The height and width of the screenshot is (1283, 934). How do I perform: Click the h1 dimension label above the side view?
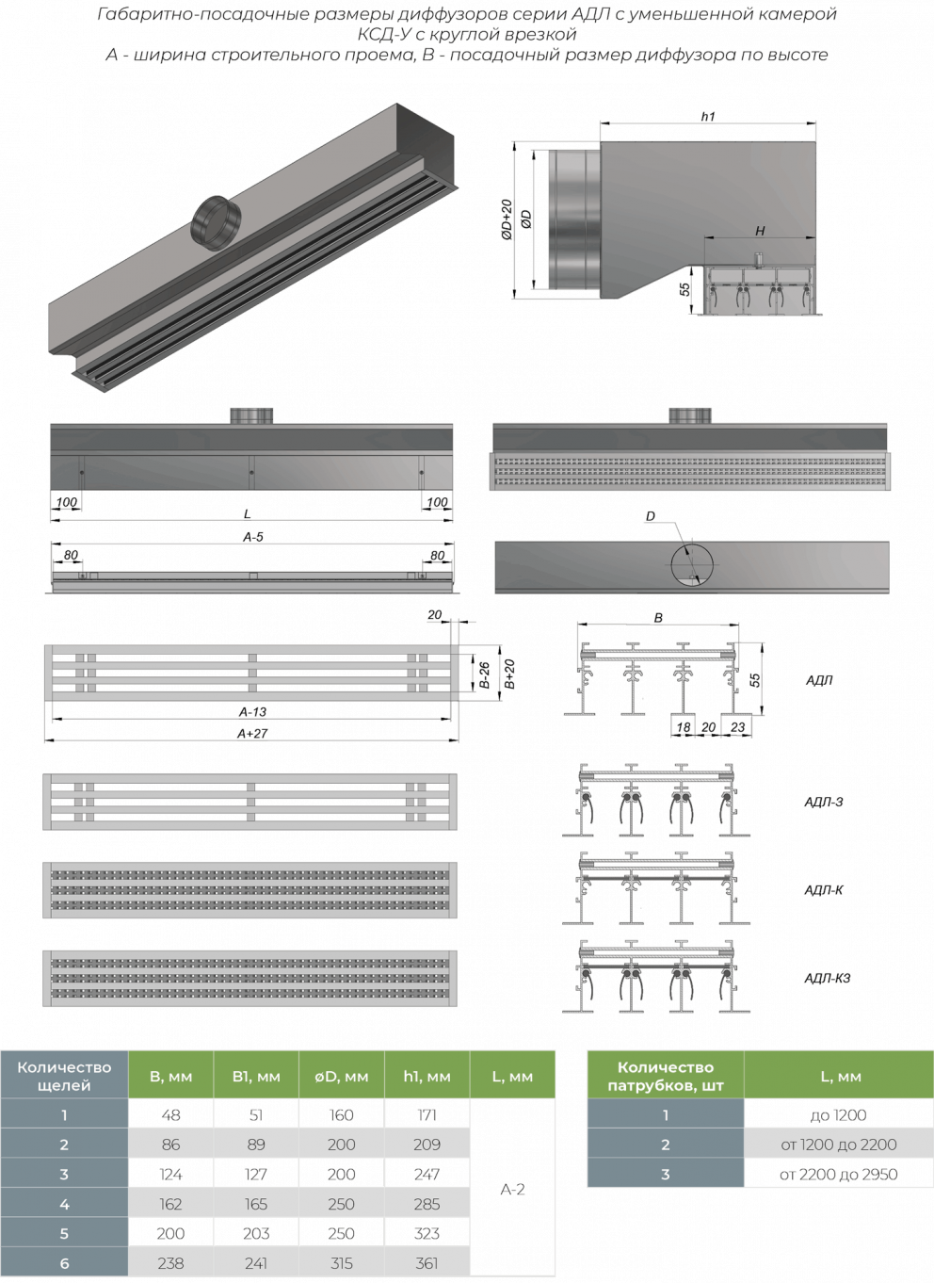(x=708, y=116)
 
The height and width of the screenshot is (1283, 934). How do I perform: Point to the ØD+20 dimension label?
(x=507, y=219)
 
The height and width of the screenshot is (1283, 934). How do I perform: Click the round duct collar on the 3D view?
(x=216, y=222)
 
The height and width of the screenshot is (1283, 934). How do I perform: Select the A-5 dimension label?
(x=252, y=537)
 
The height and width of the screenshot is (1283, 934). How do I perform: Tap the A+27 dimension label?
(x=252, y=733)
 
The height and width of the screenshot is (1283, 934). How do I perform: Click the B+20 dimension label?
(x=509, y=674)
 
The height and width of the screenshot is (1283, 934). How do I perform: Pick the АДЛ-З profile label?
(x=824, y=802)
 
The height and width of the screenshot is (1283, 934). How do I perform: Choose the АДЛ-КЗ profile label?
(x=828, y=978)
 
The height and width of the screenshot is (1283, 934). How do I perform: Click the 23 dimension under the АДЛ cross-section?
(x=737, y=727)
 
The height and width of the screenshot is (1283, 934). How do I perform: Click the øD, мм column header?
(x=341, y=1076)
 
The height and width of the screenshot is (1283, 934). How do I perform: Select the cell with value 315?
(x=341, y=1262)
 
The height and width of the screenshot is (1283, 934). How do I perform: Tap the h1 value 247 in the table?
(x=427, y=1173)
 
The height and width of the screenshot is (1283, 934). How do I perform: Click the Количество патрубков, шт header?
(x=666, y=1076)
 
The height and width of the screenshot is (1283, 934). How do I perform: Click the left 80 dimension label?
(x=71, y=555)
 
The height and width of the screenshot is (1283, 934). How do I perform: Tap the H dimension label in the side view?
(x=760, y=231)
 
